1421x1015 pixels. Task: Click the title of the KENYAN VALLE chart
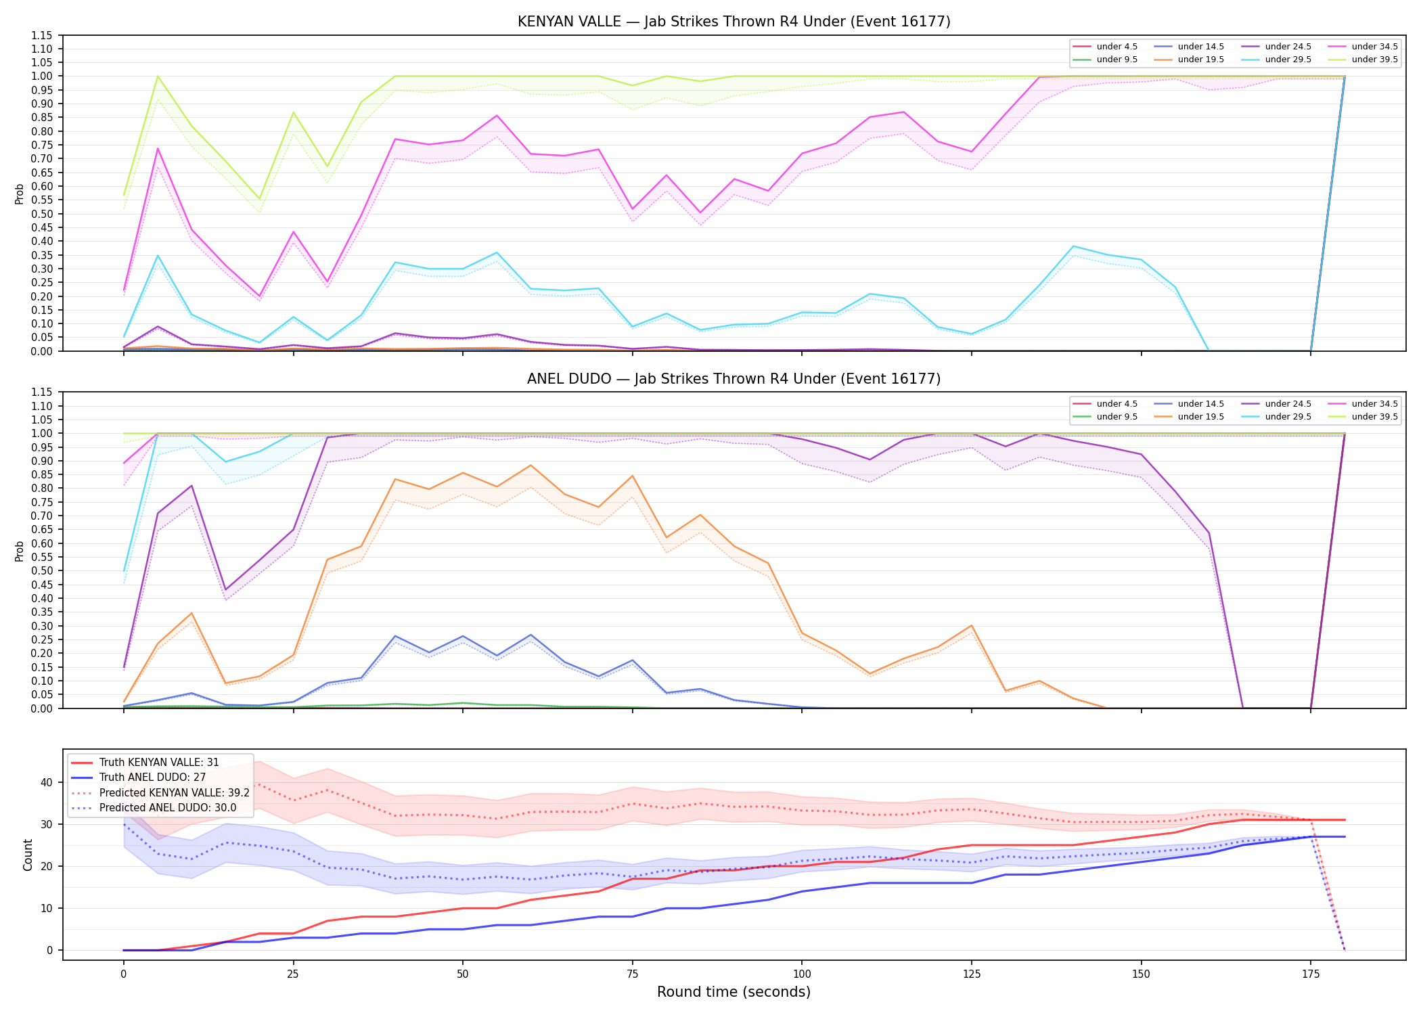click(734, 22)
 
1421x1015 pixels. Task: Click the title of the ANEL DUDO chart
click(734, 379)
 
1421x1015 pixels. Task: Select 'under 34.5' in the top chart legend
click(1374, 47)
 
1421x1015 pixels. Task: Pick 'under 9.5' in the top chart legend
click(1116, 60)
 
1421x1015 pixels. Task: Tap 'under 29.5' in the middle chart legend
click(1288, 417)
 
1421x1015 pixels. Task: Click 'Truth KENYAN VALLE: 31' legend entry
click(159, 763)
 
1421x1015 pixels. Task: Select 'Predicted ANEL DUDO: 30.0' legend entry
click(168, 807)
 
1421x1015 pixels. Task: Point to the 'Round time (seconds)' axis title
click(734, 992)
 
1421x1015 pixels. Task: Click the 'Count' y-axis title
click(28, 855)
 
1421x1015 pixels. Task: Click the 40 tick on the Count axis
click(46, 782)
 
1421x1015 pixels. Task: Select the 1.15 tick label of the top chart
click(42, 35)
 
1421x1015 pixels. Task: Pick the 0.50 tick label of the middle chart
click(42, 570)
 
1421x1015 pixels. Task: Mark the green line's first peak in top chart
click(158, 76)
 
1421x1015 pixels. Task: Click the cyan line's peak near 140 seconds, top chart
click(1073, 246)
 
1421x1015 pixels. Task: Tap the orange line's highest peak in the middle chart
click(531, 465)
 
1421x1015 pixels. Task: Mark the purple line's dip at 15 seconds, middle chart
click(225, 590)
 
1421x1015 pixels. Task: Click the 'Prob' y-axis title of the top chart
click(20, 194)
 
